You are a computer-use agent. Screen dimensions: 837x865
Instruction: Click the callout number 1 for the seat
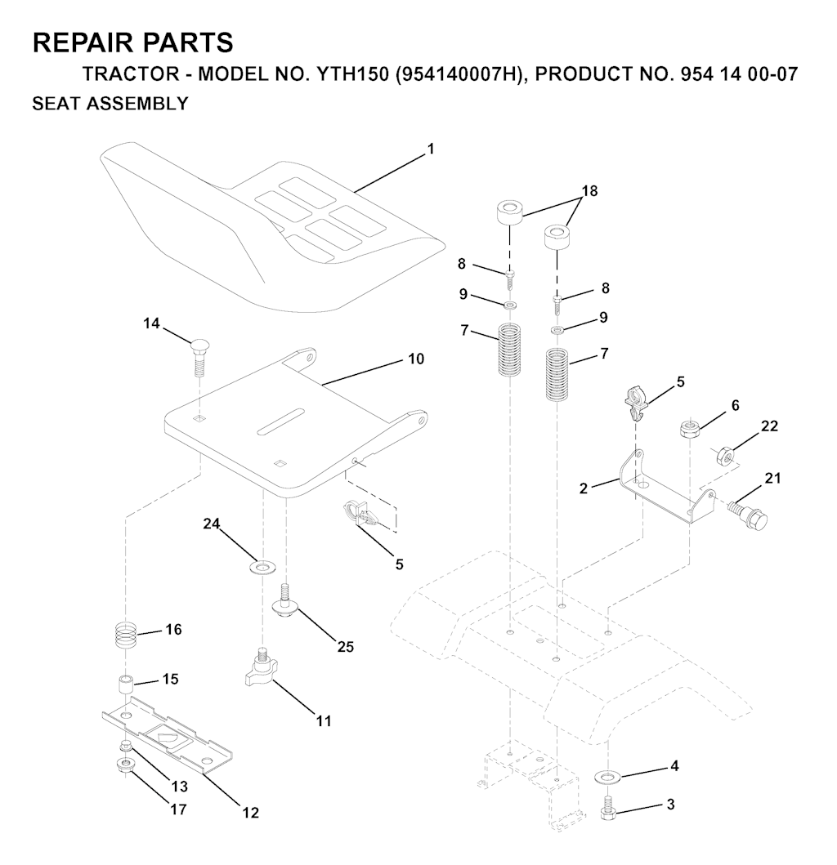pyautogui.click(x=431, y=149)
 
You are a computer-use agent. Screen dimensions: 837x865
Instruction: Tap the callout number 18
pyautogui.click(x=589, y=191)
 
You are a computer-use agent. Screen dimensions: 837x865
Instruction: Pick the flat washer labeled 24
pyautogui.click(x=262, y=566)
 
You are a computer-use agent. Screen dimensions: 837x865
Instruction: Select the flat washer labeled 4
pyautogui.click(x=608, y=778)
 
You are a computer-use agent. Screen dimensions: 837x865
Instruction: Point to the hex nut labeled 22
pyautogui.click(x=724, y=456)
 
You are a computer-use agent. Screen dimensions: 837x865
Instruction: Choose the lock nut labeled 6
pyautogui.click(x=690, y=429)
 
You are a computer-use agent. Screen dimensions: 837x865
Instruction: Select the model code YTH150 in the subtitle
pyautogui.click(x=352, y=74)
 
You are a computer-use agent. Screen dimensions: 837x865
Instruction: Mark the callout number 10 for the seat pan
pyautogui.click(x=416, y=359)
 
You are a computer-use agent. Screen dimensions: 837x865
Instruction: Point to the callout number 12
pyautogui.click(x=250, y=813)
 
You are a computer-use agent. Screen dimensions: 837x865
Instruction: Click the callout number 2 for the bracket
pyautogui.click(x=584, y=488)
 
